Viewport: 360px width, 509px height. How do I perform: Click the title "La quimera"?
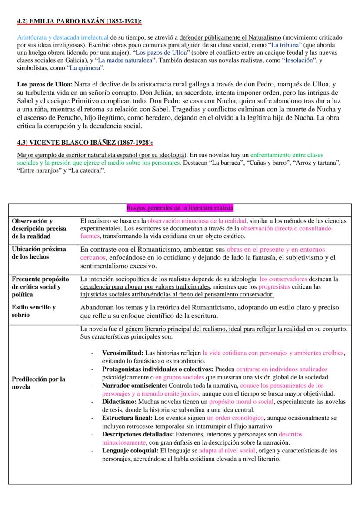[88, 68]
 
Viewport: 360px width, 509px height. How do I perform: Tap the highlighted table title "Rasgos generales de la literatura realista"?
[180, 208]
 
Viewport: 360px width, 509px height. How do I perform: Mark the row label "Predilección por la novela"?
[39, 383]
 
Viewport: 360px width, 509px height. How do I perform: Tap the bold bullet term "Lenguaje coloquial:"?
[130, 451]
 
